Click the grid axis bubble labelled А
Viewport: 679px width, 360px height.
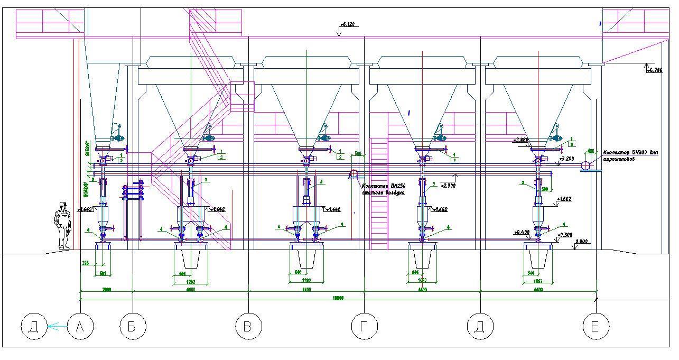(80, 327)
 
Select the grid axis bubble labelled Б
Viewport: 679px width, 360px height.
(132, 327)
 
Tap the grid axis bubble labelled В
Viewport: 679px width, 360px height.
(248, 327)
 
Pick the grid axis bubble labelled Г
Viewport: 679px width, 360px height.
(364, 327)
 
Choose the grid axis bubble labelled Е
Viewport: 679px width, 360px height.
(596, 327)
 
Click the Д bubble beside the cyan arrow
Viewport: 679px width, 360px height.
(33, 327)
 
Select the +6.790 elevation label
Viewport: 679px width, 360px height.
(654, 70)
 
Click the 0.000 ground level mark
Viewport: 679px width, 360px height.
(581, 241)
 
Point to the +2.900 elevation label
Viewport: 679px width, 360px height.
(448, 186)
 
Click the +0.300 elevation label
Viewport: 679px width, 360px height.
(565, 235)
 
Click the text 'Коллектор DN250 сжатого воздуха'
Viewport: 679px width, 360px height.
(383, 189)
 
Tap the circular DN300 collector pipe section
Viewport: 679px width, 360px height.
(585, 166)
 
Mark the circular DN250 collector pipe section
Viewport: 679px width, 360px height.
(354, 174)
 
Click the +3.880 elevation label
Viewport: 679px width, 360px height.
(522, 141)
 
